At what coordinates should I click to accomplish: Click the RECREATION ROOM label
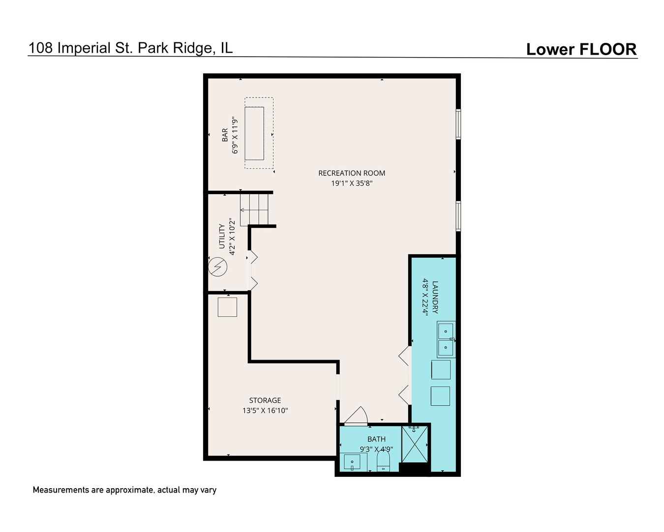tap(352, 173)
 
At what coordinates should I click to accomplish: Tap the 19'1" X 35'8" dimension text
tap(352, 183)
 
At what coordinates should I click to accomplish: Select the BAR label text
tap(225, 135)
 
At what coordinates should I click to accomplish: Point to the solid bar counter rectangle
tap(254, 133)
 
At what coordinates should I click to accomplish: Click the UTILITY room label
tap(222, 236)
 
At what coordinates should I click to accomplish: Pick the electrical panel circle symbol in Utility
tap(217, 266)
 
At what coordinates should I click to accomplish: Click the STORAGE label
tap(265, 400)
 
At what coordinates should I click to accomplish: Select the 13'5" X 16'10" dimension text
tap(265, 410)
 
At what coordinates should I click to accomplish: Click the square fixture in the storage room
tap(227, 307)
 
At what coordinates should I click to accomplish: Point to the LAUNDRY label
tap(435, 297)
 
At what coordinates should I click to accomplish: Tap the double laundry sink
tap(446, 339)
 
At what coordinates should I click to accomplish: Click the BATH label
tap(376, 439)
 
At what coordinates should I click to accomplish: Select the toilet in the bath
tap(383, 461)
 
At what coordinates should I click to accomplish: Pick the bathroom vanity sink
tap(352, 462)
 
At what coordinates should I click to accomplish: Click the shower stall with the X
tap(415, 444)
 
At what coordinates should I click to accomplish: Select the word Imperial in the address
tap(84, 48)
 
